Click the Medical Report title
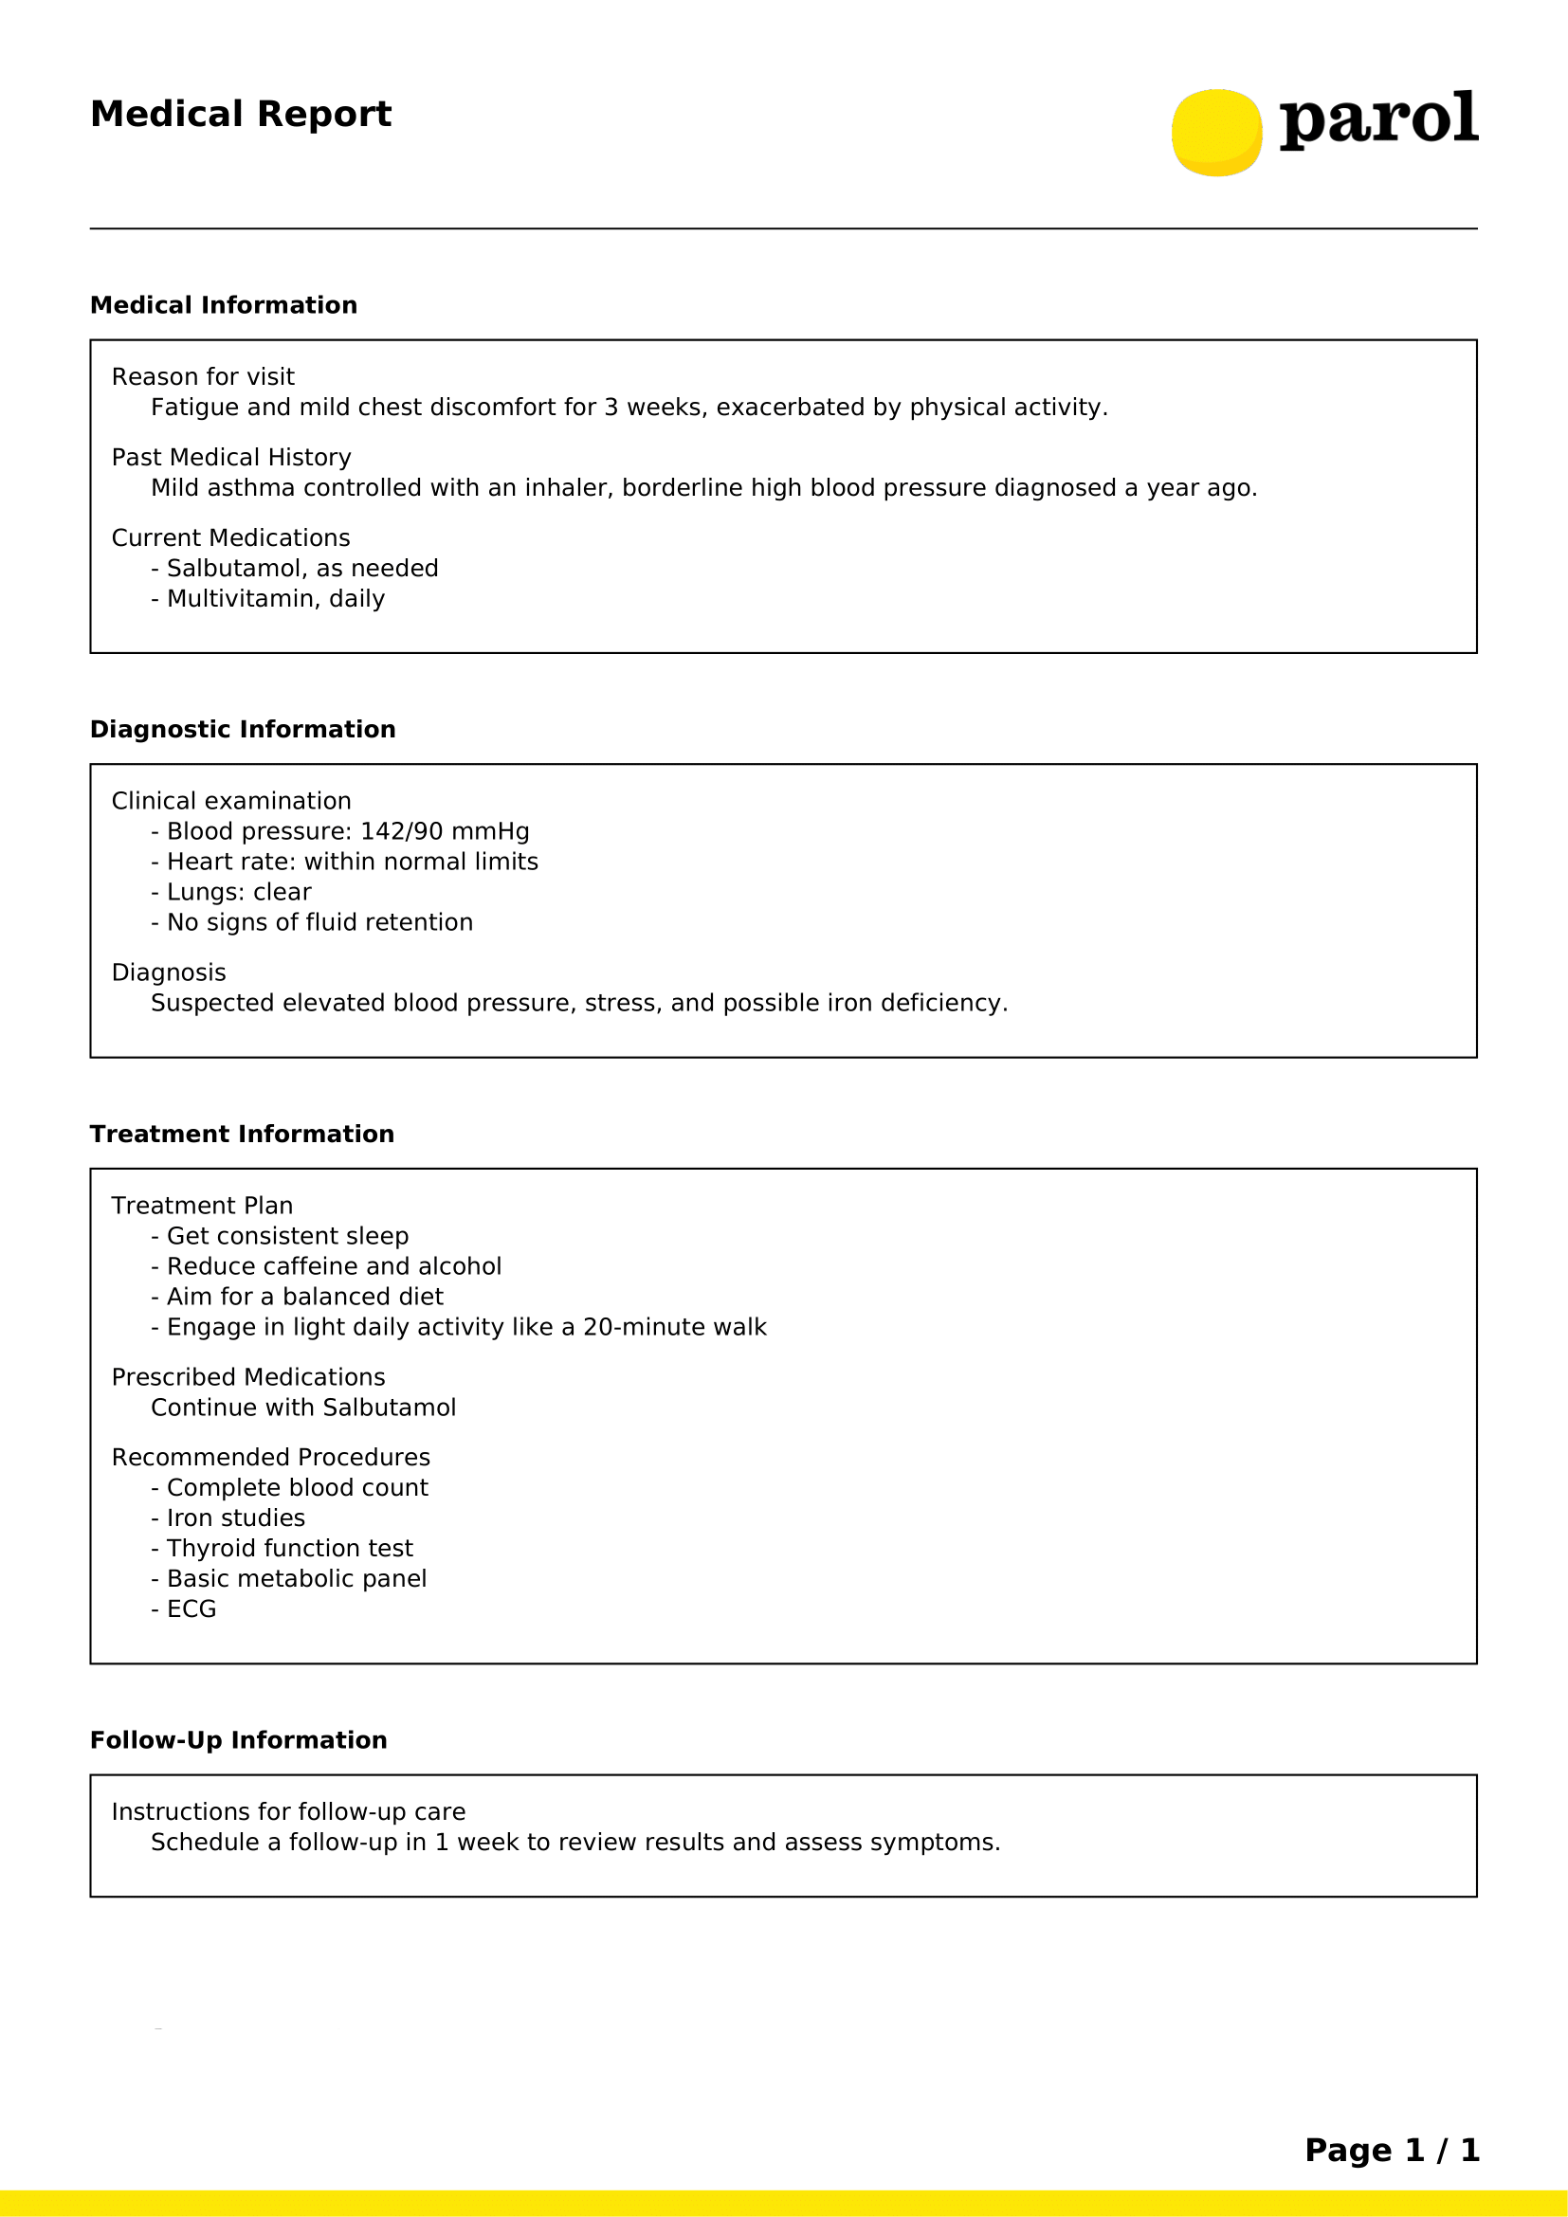tap(241, 114)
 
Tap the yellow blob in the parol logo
tap(1216, 133)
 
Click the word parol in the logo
tap(1377, 118)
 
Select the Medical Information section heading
tap(223, 305)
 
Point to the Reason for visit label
tap(203, 376)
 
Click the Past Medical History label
tap(230, 457)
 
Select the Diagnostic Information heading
tap(243, 729)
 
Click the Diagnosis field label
tap(169, 972)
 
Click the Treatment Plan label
tap(202, 1206)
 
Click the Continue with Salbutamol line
tap(303, 1408)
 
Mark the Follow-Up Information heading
tap(239, 1740)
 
